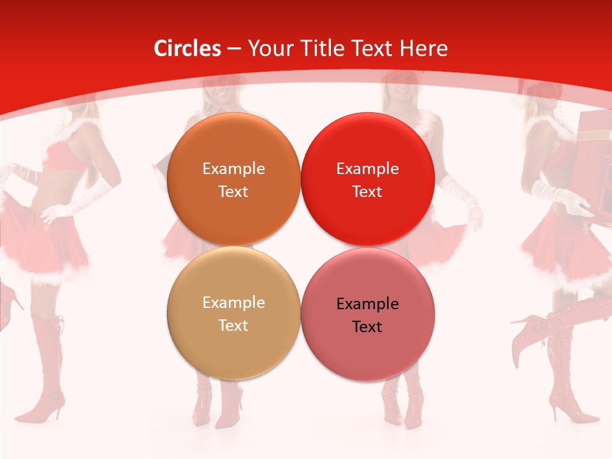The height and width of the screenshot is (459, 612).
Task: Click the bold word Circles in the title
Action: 187,48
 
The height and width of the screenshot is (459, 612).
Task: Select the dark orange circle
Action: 233,180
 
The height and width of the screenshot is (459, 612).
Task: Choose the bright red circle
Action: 367,180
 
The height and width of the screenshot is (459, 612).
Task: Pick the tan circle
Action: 233,314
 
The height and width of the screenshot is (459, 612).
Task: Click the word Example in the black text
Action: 367,304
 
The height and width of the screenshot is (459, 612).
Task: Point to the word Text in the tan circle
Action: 233,326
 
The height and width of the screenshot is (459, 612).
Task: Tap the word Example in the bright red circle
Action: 367,169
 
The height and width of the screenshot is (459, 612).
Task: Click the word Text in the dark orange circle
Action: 233,192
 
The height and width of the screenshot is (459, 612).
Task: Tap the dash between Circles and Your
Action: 233,48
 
